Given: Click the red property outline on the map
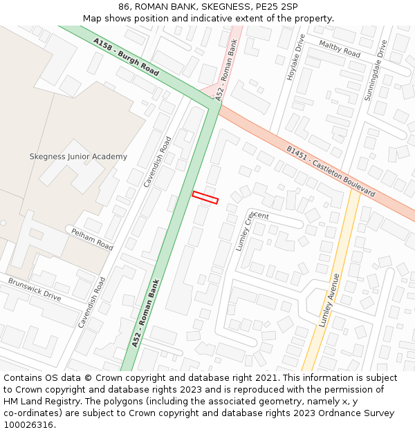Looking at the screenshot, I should coord(205,198).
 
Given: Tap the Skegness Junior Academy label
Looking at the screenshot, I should coord(78,157).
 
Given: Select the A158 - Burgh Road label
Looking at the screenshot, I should coord(126,57).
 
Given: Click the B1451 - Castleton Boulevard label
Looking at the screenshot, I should coord(331,171).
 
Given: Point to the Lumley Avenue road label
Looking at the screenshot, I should coord(330,300).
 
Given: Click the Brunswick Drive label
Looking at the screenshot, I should coord(34,289).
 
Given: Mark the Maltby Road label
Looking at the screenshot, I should coord(340,48).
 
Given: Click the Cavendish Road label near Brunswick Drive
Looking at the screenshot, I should coord(93,302).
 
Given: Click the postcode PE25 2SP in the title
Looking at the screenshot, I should coord(276,6).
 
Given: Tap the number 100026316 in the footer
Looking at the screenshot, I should coord(28,425).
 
